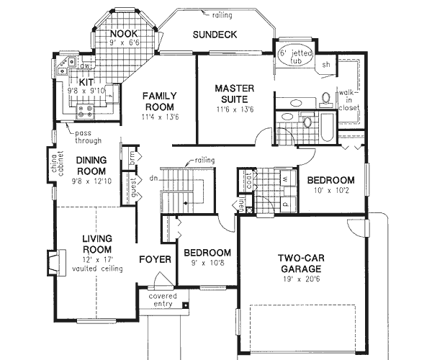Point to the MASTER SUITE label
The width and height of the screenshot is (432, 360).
click(233, 94)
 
